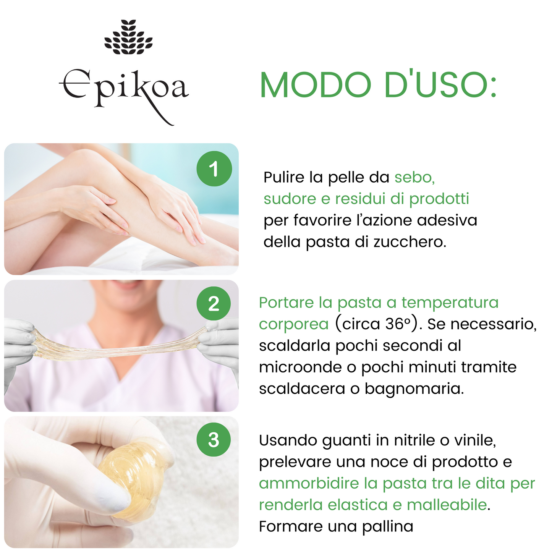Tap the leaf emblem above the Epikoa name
click(128, 37)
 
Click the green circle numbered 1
click(214, 169)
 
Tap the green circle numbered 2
click(214, 303)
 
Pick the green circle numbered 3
click(214, 440)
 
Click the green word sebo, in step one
click(414, 177)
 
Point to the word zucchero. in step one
click(410, 242)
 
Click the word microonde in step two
click(300, 367)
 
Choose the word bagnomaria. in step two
click(414, 389)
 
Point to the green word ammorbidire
click(309, 483)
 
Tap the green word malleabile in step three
click(447, 505)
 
